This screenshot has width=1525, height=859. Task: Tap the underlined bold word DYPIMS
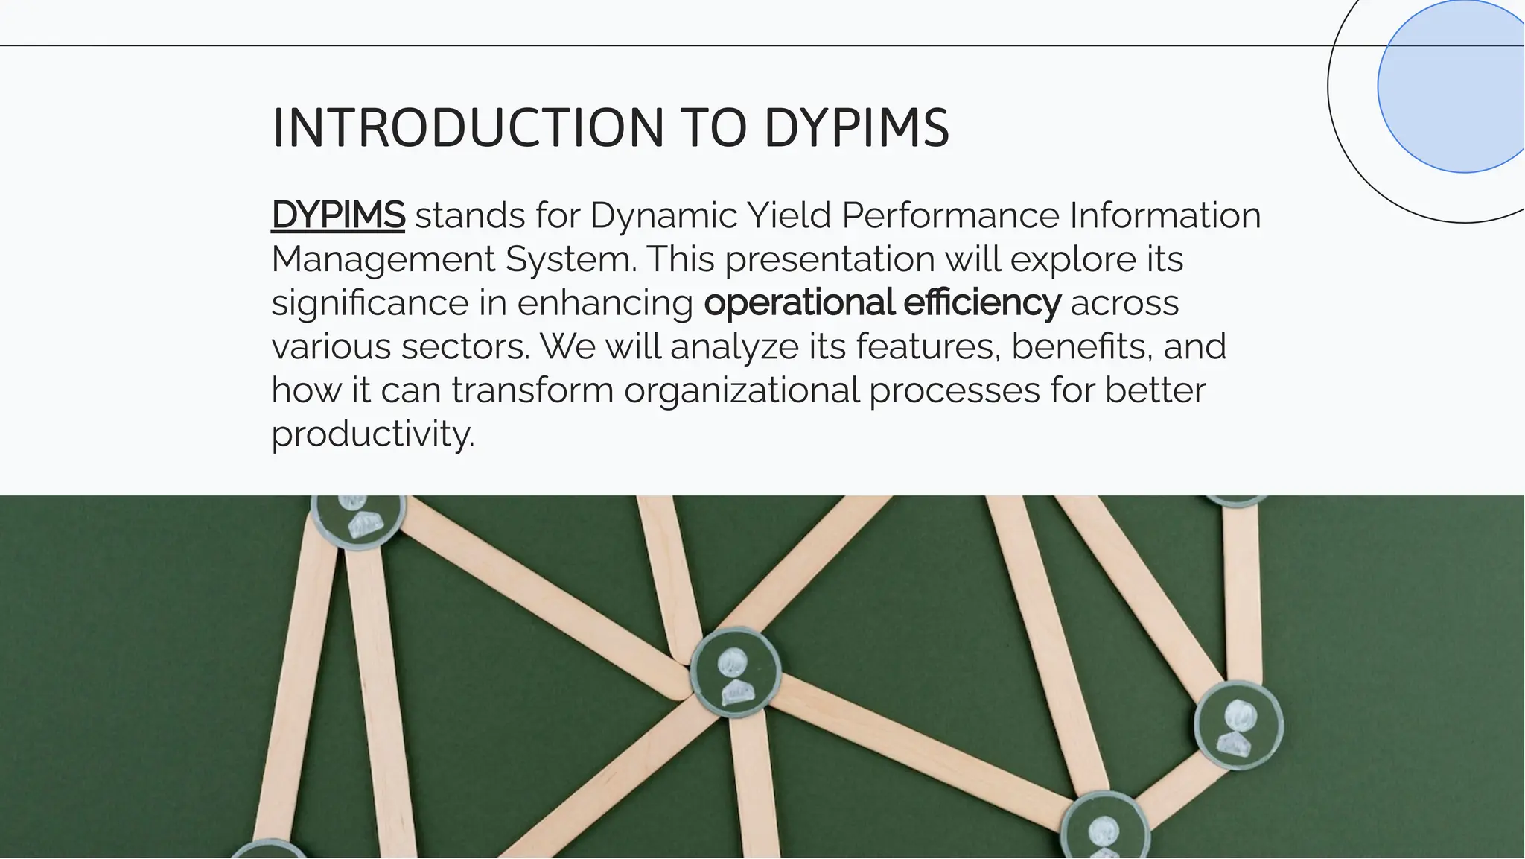338,215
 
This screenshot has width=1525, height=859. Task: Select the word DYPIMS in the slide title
856,128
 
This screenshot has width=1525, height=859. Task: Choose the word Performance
950,215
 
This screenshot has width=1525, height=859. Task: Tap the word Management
383,260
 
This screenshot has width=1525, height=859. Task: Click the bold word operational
799,303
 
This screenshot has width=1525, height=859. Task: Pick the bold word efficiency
982,303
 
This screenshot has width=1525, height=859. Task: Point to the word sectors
465,346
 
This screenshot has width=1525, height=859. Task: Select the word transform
532,390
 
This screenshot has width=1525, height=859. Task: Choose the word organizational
742,390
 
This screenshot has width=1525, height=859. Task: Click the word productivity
372,434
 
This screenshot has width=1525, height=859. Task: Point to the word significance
370,303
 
